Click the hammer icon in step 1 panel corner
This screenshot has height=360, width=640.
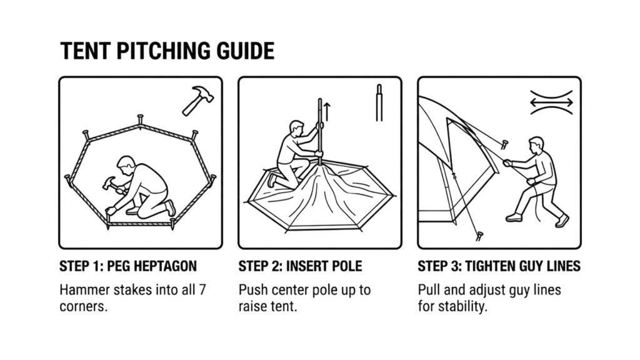[197, 99]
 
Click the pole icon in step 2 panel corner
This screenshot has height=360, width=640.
[379, 103]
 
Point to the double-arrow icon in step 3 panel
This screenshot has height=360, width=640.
[551, 102]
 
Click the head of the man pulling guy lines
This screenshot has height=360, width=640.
[536, 144]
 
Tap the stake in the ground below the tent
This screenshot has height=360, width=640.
[479, 236]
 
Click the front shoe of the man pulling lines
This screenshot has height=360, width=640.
[514, 217]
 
